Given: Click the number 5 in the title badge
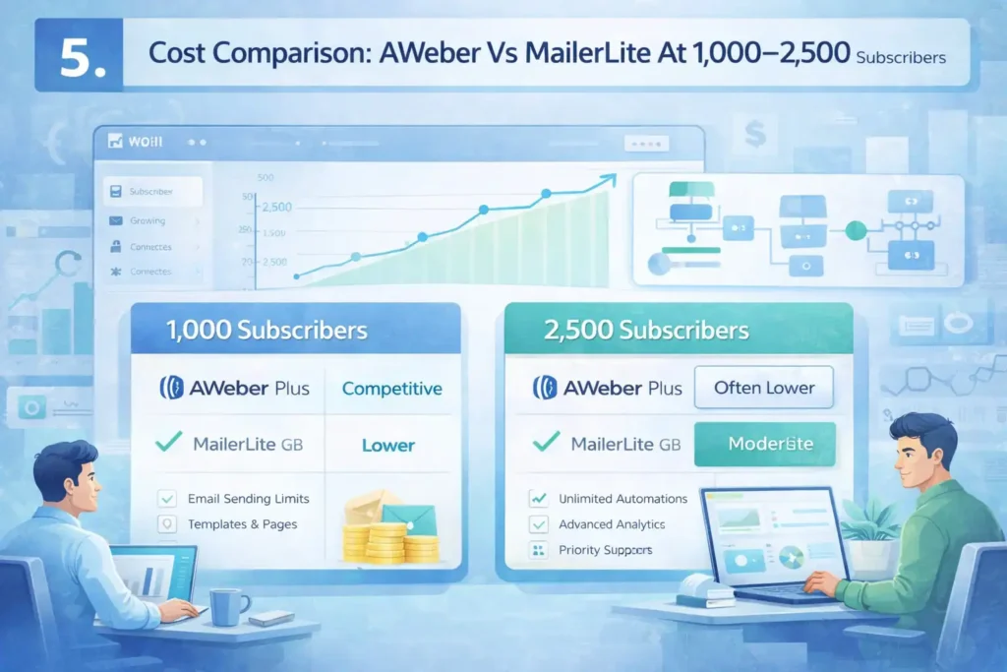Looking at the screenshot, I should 78,58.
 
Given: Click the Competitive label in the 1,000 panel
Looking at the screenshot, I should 391,389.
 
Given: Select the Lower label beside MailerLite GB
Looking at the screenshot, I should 388,445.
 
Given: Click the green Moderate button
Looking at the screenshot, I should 764,444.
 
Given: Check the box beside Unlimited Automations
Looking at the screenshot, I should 536,499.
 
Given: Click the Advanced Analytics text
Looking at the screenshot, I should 612,524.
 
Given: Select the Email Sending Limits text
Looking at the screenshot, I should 248,499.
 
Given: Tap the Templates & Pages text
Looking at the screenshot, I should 242,524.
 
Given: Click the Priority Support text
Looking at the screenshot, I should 605,550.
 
